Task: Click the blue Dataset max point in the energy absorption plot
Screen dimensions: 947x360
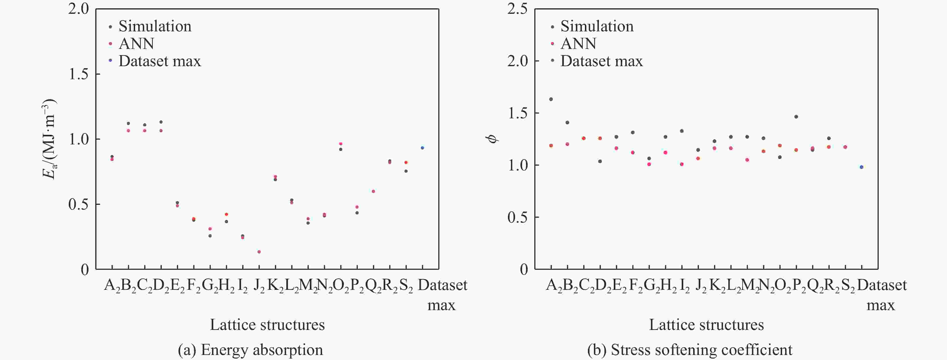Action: [x=422, y=148]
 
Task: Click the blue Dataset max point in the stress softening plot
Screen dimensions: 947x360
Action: [x=861, y=167]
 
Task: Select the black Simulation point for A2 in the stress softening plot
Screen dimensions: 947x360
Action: [x=551, y=99]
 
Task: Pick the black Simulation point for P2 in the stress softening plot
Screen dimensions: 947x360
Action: [x=796, y=117]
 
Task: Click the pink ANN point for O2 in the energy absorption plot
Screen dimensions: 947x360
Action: [x=341, y=144]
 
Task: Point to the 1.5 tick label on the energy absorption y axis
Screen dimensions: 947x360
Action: [x=79, y=74]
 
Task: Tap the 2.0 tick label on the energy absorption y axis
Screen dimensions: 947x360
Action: [x=79, y=9]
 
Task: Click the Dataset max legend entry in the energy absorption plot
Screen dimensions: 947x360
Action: [x=155, y=61]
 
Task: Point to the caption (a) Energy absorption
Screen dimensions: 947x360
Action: [x=250, y=350]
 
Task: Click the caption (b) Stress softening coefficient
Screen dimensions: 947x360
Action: [x=690, y=350]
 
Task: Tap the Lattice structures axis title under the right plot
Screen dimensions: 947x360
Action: [x=706, y=325]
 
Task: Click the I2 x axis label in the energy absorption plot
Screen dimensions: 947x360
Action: [x=243, y=286]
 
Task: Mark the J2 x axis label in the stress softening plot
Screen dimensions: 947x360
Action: [x=701, y=286]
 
